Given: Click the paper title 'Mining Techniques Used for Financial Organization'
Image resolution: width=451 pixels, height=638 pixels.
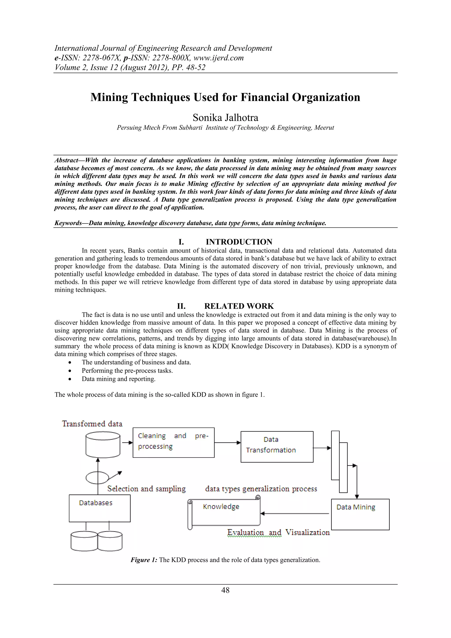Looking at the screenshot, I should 225,97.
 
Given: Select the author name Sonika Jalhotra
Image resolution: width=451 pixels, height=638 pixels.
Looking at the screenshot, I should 225,118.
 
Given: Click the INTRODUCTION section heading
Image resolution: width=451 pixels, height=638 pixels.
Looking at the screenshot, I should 239,242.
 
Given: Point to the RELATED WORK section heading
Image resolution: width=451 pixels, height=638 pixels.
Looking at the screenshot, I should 239,306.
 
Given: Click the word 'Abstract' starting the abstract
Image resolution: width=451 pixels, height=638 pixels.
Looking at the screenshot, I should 66,160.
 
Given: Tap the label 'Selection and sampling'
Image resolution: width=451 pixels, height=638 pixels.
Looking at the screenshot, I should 146,489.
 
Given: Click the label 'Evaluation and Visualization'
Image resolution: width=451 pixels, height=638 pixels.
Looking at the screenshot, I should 278,532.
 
